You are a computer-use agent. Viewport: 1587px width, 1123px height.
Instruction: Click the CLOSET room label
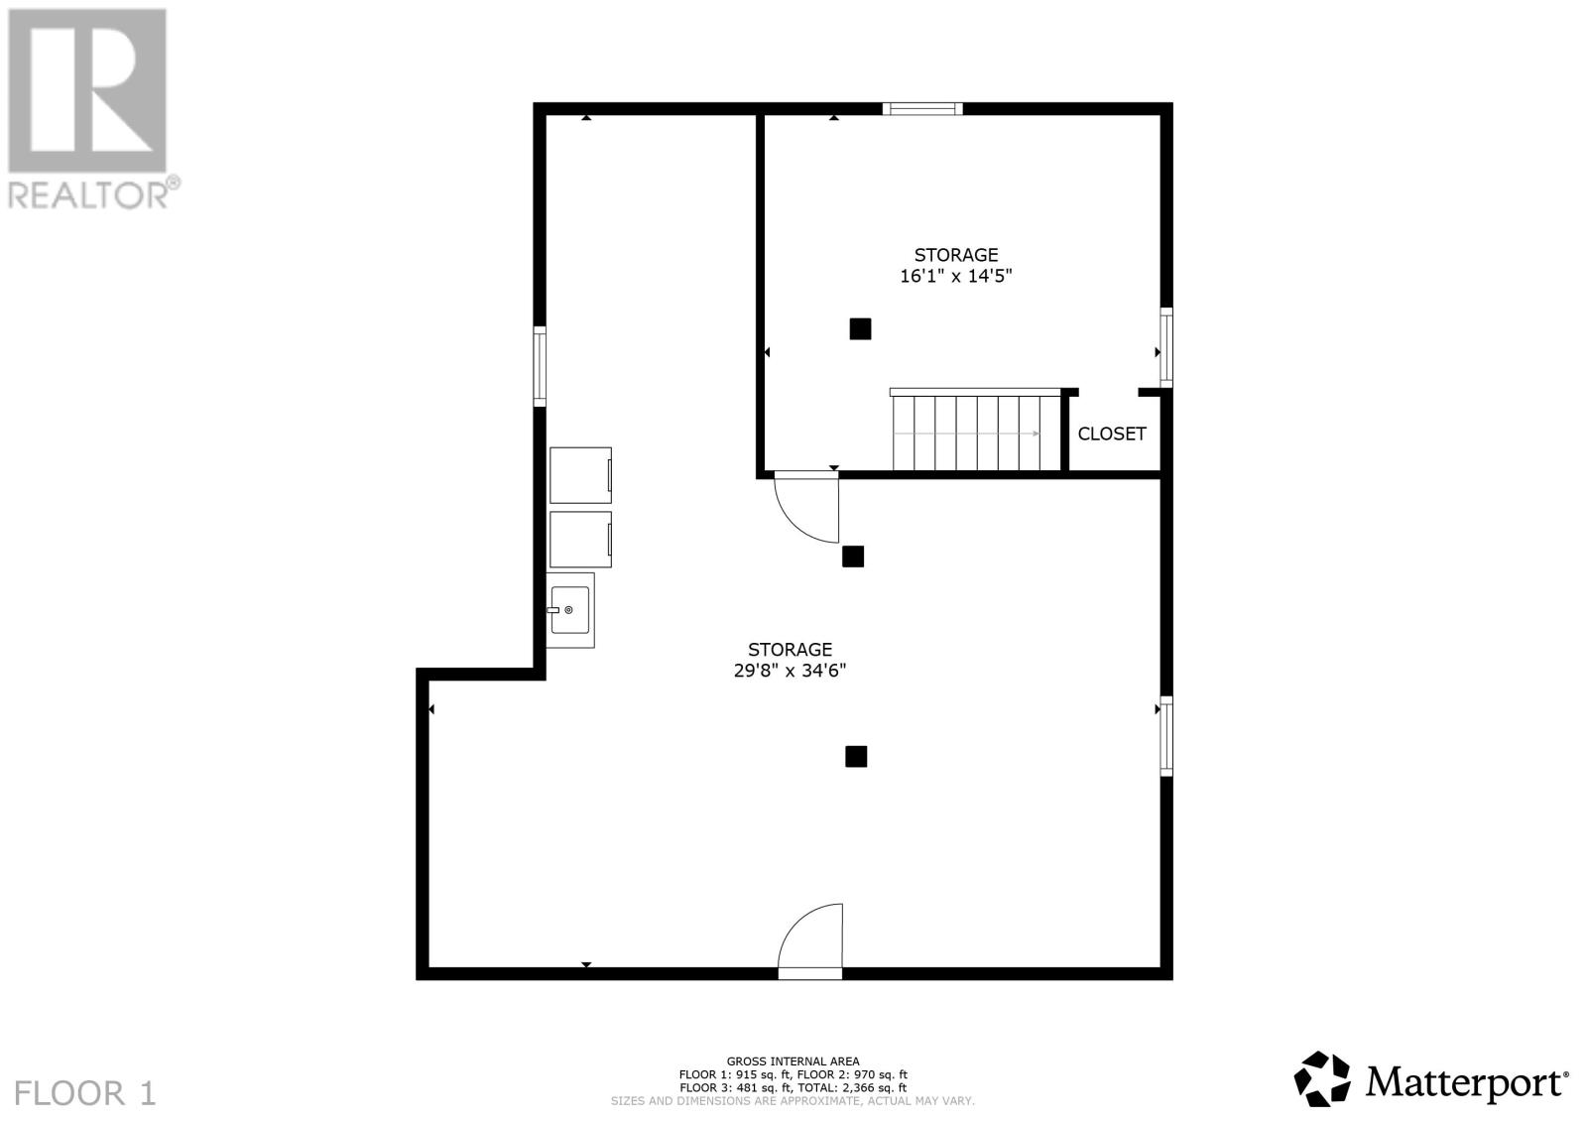click(1112, 434)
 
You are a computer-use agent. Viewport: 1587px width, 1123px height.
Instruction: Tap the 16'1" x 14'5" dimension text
click(956, 276)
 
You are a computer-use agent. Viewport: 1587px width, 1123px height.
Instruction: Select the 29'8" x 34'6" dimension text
click(790, 671)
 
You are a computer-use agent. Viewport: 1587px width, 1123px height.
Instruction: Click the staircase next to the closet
click(976, 430)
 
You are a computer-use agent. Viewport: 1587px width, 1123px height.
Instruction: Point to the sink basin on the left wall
click(570, 610)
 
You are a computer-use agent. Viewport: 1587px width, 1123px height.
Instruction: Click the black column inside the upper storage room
click(860, 328)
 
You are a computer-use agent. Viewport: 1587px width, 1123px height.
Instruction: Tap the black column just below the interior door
click(853, 557)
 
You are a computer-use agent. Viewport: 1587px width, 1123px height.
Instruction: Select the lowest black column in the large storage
click(856, 757)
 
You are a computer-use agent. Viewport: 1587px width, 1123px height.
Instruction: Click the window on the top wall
click(922, 108)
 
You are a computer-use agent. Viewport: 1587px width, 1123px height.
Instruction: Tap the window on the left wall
click(540, 366)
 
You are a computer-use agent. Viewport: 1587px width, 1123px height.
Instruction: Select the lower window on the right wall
click(1166, 736)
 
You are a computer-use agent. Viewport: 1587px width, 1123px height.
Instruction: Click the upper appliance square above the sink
click(581, 475)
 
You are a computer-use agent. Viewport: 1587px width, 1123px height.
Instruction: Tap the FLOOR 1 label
click(85, 1093)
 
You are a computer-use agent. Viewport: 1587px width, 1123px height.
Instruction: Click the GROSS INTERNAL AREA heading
click(793, 1061)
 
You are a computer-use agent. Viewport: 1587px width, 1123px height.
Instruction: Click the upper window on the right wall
click(1166, 348)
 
